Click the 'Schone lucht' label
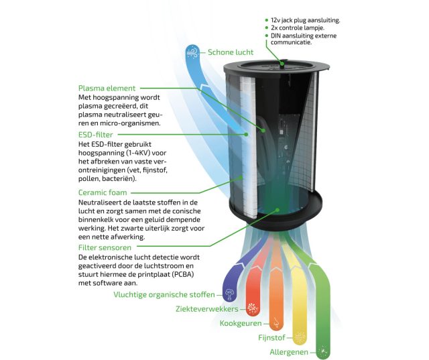coord(231,52)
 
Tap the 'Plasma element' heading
coord(107,88)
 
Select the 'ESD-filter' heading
coord(95,135)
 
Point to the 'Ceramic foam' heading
coord(103,192)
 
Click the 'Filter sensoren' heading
coord(105,247)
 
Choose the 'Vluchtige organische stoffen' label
coord(164,294)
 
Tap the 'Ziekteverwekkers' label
coord(207,309)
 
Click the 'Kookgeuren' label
coord(241,323)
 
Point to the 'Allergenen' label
coord(289,352)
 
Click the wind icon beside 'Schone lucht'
coord(192,52)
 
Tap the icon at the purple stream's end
coord(229,294)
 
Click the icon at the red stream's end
coord(253,308)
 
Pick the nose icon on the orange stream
coord(276,323)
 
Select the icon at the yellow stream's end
coord(300,337)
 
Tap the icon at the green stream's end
coord(323,351)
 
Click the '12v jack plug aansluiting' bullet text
coord(306,20)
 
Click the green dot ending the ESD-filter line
coord(246,134)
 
